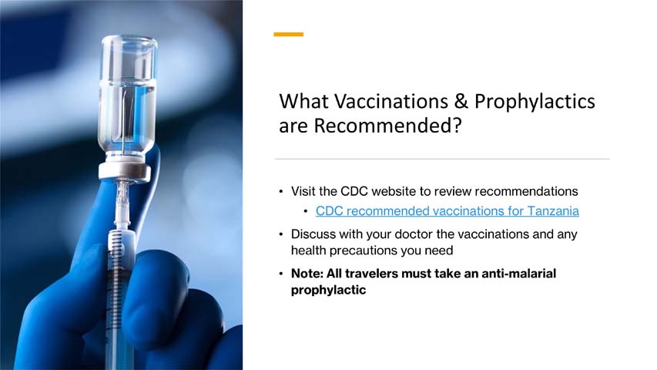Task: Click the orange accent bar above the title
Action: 289,34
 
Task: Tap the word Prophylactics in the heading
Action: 535,102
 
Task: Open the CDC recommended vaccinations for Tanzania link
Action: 447,210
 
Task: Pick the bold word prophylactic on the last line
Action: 328,291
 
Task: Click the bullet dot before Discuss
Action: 281,234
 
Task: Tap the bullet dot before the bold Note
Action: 281,274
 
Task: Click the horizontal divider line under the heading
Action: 442,160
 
